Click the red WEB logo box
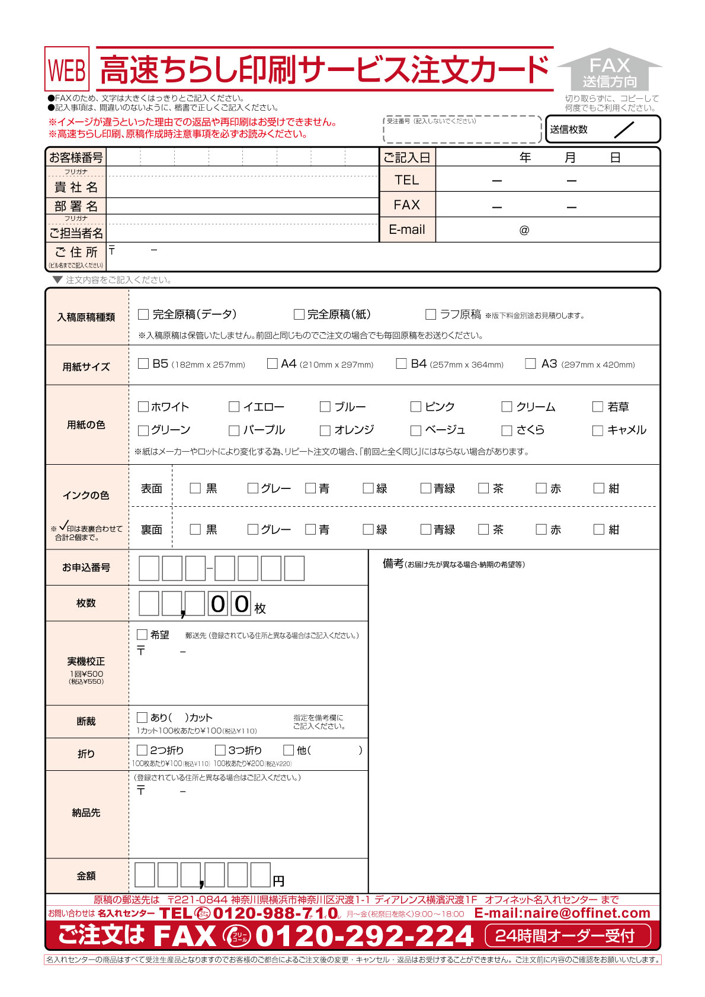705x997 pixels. [x=67, y=69]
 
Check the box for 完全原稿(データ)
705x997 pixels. [x=143, y=314]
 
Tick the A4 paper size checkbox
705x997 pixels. [x=272, y=364]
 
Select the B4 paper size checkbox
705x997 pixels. [x=401, y=364]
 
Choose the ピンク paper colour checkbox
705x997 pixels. [x=415, y=407]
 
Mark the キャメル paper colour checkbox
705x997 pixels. [x=598, y=430]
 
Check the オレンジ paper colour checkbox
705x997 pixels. [x=325, y=430]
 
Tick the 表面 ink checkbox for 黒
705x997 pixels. [x=195, y=488]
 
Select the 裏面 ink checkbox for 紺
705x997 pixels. [x=599, y=529]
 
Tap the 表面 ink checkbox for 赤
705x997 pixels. [x=541, y=488]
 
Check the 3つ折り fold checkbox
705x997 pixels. [x=220, y=750]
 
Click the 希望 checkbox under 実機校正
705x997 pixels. [x=142, y=635]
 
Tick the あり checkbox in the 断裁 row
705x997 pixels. [x=142, y=718]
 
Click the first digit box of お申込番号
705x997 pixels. [x=149, y=568]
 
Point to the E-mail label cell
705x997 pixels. [x=407, y=230]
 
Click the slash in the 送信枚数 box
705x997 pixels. [x=624, y=130]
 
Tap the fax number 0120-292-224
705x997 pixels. [x=364, y=936]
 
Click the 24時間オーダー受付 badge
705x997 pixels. [x=567, y=936]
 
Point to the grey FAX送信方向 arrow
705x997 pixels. [x=610, y=70]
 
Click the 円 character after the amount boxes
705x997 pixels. [x=278, y=881]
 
